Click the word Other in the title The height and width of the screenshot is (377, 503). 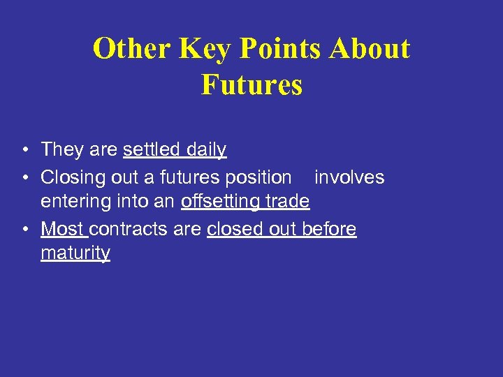coord(132,49)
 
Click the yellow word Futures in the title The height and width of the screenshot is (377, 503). coord(251,84)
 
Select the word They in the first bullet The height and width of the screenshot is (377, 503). coord(62,149)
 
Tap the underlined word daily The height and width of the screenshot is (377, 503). coord(206,149)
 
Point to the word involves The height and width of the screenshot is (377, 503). coord(349,177)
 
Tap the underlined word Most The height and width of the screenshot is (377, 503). coord(63,229)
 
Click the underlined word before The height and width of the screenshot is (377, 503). coord(329,229)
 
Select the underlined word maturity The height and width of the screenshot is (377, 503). coord(75,253)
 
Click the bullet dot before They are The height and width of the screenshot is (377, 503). coord(25,150)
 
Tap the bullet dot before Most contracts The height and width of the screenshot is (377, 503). coord(25,230)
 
